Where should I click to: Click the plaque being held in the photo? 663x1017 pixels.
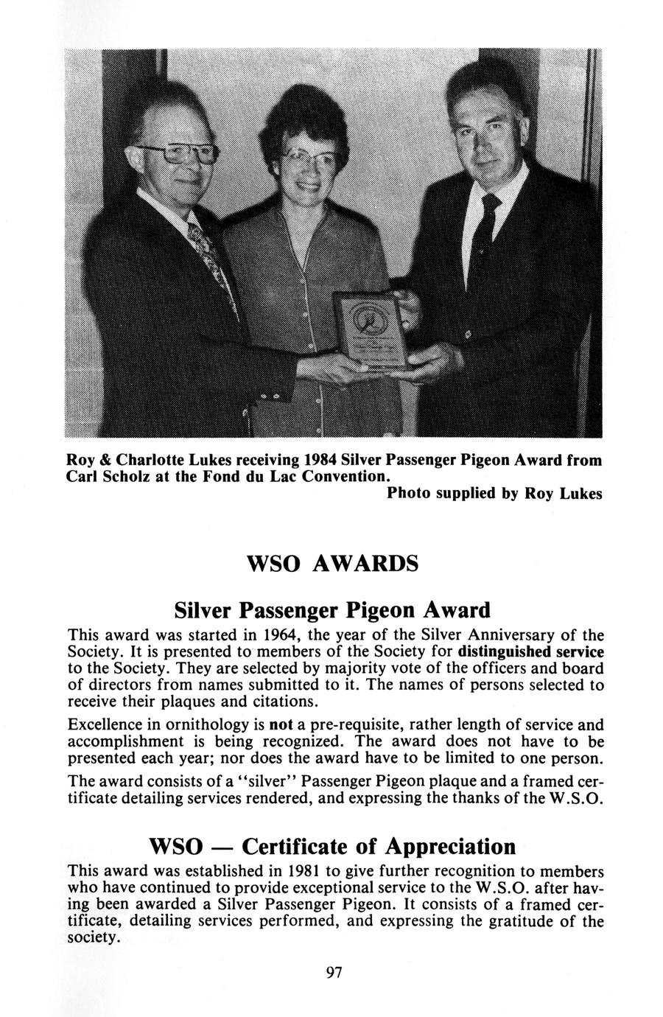372,329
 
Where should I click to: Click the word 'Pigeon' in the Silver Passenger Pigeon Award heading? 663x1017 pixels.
380,610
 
